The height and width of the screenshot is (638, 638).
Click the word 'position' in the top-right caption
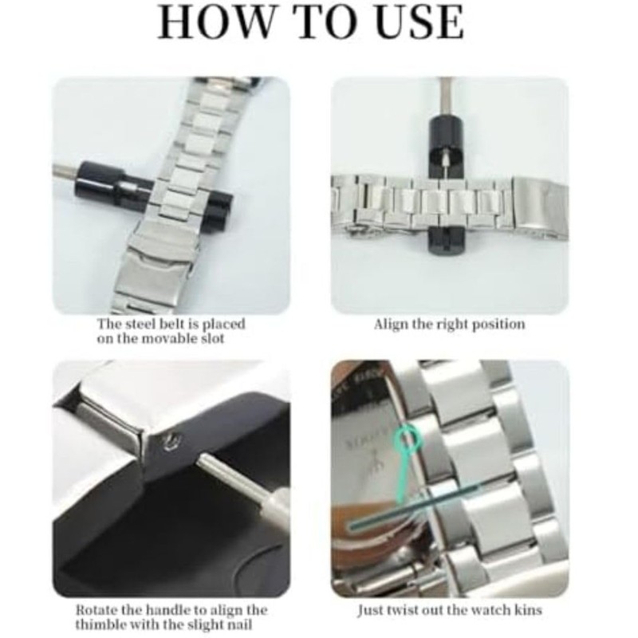(498, 325)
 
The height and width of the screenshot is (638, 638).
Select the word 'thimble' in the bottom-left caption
(100, 624)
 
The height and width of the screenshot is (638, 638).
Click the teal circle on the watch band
(412, 436)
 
